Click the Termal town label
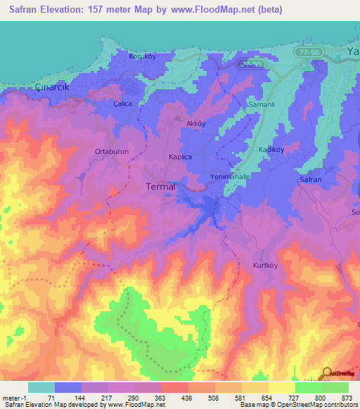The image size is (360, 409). click(160, 187)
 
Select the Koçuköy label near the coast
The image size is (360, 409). click(141, 56)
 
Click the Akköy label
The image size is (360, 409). click(195, 123)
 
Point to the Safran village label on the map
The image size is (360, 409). click(311, 180)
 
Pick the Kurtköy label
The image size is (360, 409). click(266, 266)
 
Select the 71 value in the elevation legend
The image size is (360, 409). click(49, 398)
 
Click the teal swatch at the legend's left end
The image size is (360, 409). click(41, 387)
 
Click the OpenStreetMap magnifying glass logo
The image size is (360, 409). click(327, 373)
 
